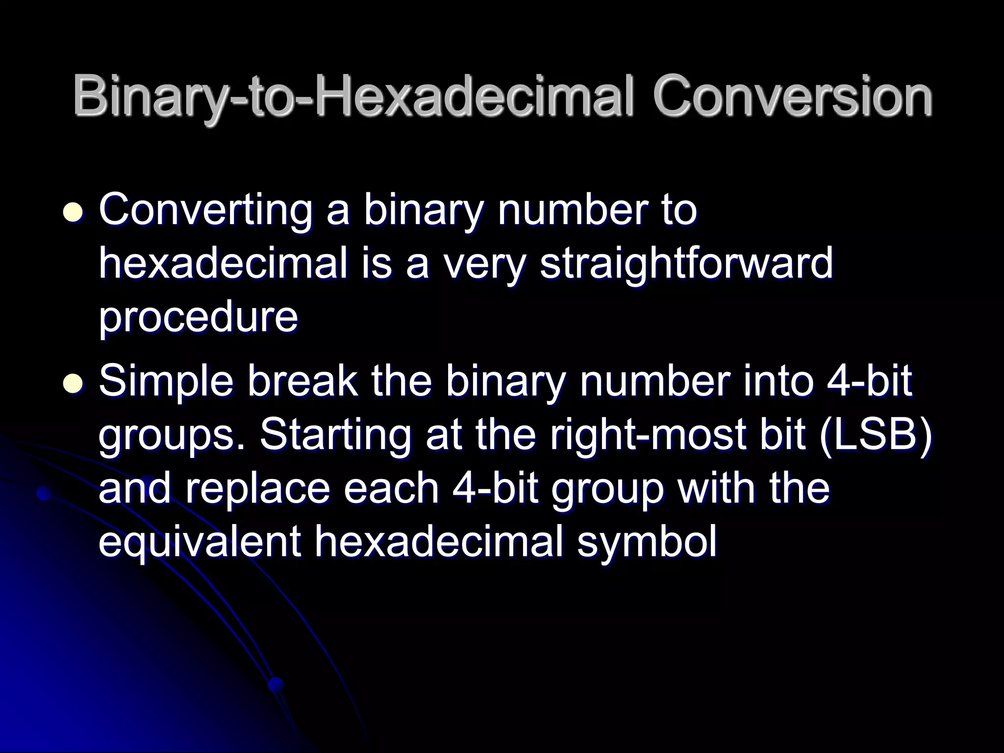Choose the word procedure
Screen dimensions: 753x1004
[x=198, y=317]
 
